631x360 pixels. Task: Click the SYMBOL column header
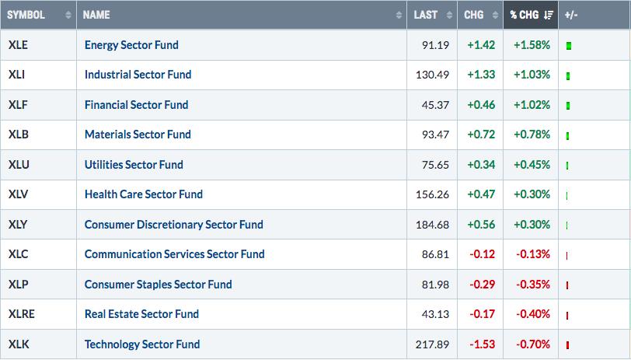26,15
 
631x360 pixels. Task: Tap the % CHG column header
525,15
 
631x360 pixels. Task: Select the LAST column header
426,15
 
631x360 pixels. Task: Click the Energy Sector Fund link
131,44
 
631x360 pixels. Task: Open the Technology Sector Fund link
142,344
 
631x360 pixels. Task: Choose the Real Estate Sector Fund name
141,314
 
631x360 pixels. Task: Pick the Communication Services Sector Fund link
175,254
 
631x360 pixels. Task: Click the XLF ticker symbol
18,105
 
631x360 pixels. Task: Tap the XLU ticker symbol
19,165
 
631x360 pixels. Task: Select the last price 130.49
432,75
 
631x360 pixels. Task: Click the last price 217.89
432,344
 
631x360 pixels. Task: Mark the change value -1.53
482,344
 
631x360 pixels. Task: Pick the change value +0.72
481,135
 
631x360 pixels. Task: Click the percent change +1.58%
532,45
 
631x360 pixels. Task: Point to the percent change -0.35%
533,285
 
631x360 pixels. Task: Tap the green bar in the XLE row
569,46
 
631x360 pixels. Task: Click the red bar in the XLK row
567,345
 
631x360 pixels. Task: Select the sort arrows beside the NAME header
399,15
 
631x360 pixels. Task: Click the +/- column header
571,15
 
